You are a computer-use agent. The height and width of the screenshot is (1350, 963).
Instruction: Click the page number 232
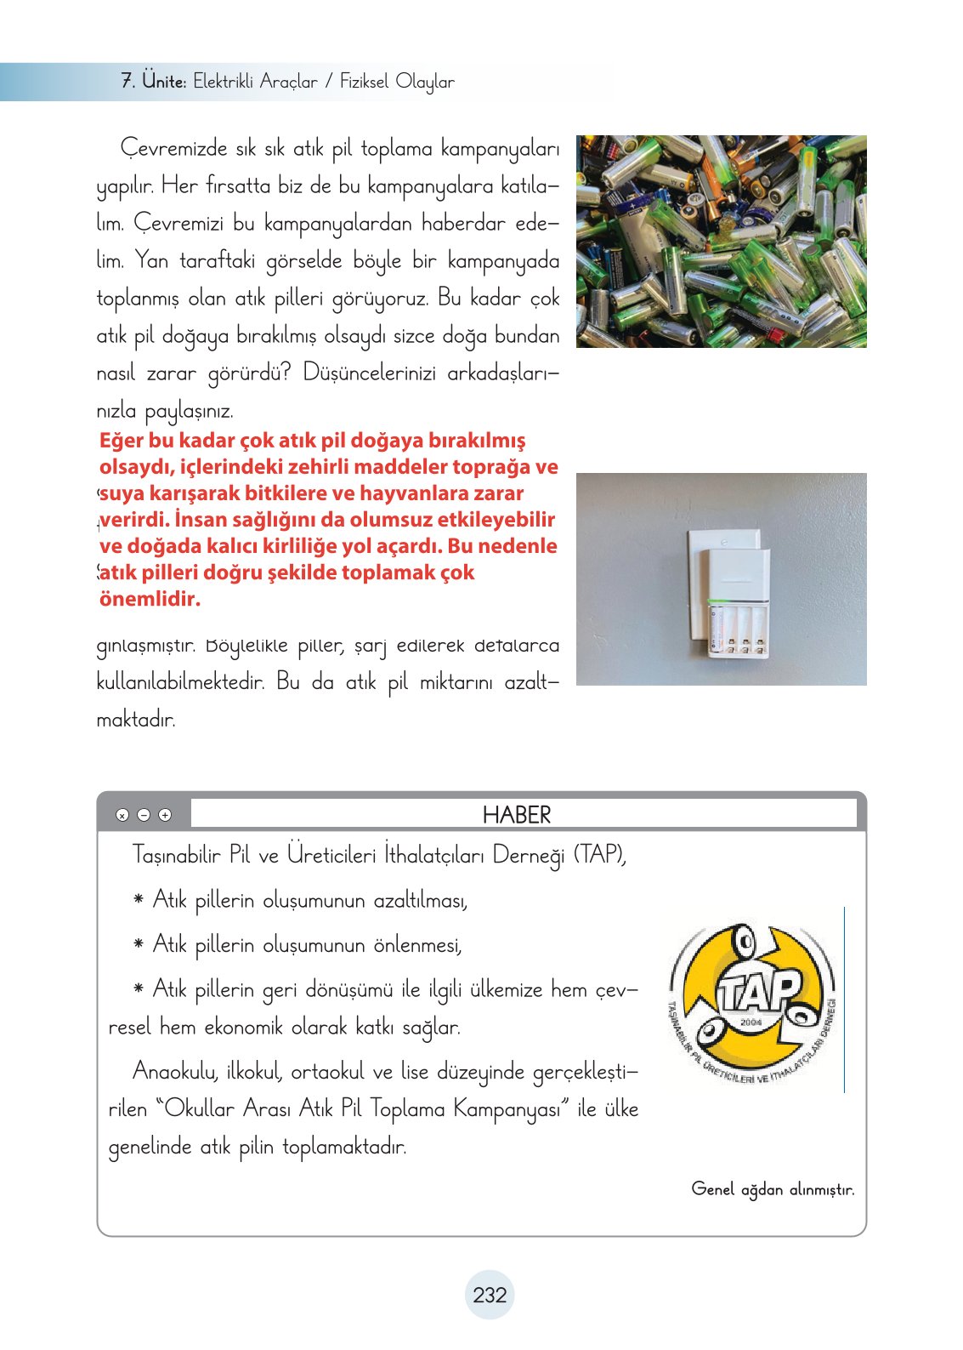click(490, 1295)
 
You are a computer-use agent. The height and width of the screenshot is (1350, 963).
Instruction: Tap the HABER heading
click(517, 815)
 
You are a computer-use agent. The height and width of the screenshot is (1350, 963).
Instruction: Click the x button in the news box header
click(122, 815)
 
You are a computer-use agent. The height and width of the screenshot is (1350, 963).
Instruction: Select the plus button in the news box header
click(165, 815)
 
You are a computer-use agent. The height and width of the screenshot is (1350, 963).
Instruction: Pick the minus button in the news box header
click(144, 815)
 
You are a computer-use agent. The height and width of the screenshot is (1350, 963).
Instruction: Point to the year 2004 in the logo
click(751, 1022)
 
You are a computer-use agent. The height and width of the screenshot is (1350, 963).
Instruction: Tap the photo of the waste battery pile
click(721, 241)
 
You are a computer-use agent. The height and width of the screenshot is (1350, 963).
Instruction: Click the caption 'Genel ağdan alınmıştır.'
click(773, 1189)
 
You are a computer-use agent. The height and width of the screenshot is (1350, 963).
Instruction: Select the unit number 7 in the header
click(127, 82)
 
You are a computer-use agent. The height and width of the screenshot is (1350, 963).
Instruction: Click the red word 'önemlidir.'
click(150, 599)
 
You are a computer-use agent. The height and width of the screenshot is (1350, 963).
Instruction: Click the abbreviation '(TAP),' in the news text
click(600, 854)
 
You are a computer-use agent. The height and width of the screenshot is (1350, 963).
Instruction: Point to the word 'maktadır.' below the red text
click(136, 720)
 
